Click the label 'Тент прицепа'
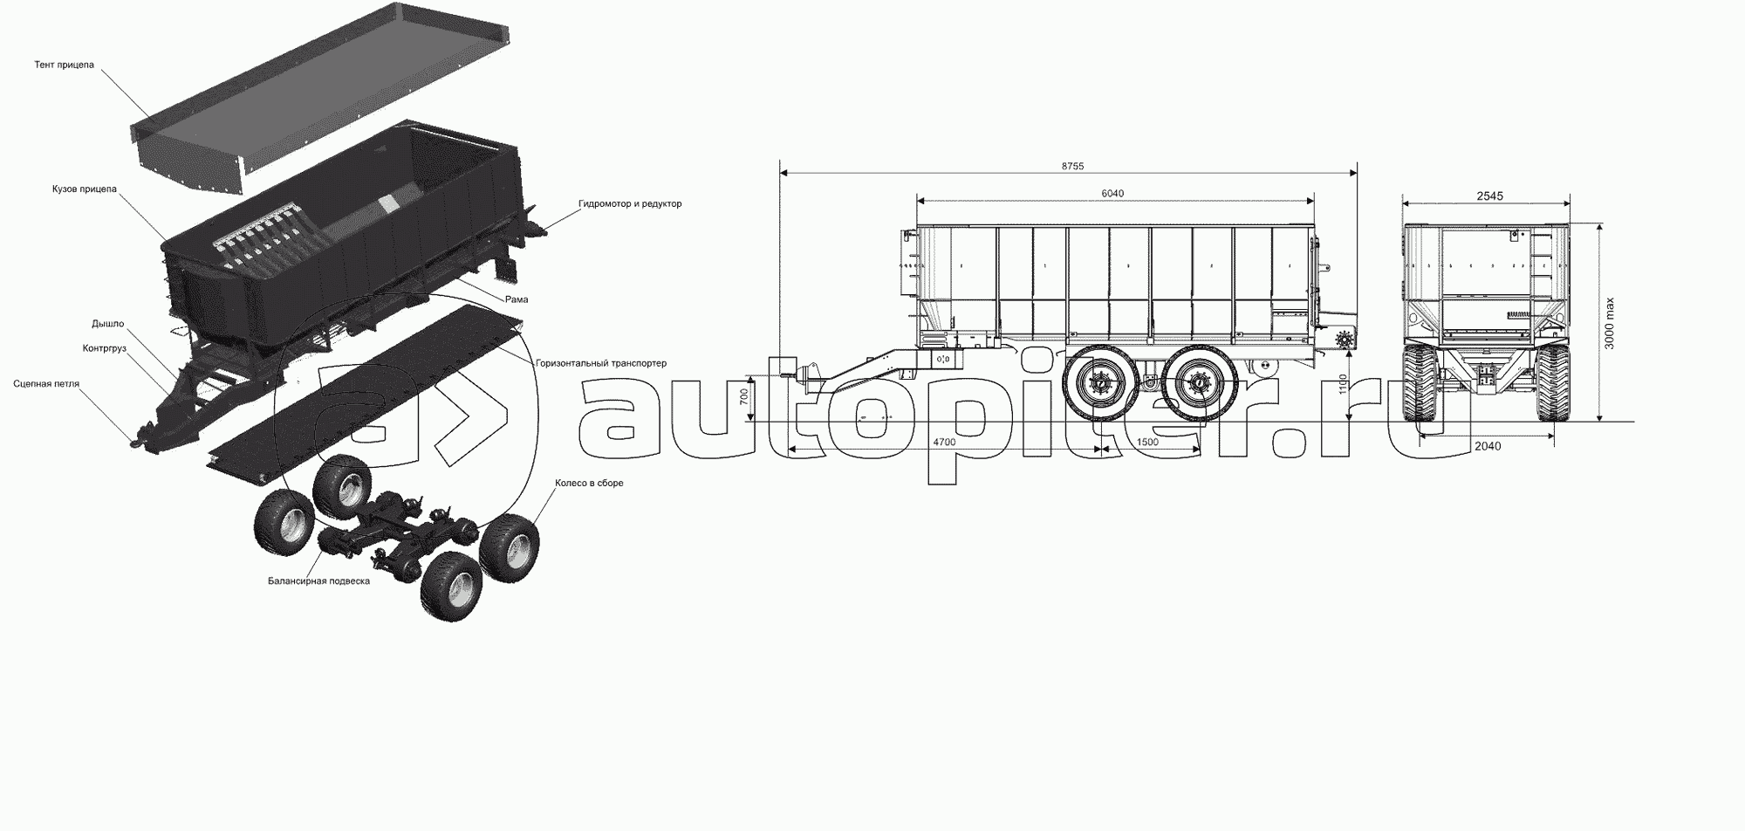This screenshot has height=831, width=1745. point(64,65)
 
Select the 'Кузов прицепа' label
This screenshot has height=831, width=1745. point(84,189)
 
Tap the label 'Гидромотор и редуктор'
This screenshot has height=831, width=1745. point(630,204)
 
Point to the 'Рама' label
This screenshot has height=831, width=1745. point(517,299)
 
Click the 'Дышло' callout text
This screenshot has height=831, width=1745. point(108,324)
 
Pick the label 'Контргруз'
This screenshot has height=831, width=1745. point(105,348)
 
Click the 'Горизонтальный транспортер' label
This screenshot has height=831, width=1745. point(601,363)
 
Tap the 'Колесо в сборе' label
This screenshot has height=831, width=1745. point(589,483)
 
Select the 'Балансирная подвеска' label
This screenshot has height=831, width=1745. point(318,580)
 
